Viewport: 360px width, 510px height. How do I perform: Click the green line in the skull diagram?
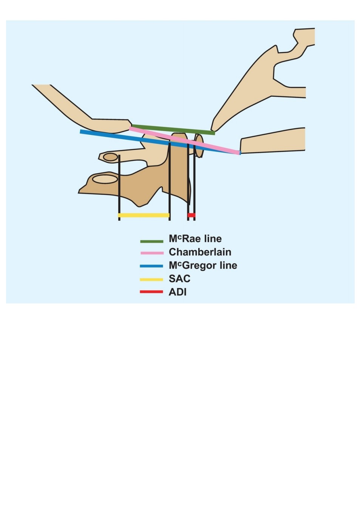pos(173,130)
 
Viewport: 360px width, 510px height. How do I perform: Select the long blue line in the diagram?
pos(160,142)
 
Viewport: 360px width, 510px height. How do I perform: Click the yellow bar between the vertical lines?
pos(144,215)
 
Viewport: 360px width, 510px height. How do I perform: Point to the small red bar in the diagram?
pos(191,215)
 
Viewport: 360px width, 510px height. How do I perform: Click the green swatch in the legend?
pos(151,241)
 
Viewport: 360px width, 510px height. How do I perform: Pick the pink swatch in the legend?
pos(152,253)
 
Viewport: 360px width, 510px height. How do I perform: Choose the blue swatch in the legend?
pos(151,266)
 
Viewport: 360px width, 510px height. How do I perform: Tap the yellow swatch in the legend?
pos(151,280)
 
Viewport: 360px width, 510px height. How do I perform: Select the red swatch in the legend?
pos(151,292)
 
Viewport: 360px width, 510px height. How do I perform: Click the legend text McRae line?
pos(195,239)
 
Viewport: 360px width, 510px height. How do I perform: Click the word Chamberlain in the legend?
pos(200,252)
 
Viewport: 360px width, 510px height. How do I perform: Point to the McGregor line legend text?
pos(203,266)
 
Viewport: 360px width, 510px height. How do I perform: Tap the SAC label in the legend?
pos(179,279)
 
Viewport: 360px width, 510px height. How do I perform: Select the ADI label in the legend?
pos(178,292)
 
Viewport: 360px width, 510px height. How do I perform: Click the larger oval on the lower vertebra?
pos(105,179)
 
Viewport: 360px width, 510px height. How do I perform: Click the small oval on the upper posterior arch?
pos(110,157)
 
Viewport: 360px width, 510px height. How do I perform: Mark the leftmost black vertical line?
pos(119,188)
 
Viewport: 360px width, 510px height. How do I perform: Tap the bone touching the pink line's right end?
pos(273,141)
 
